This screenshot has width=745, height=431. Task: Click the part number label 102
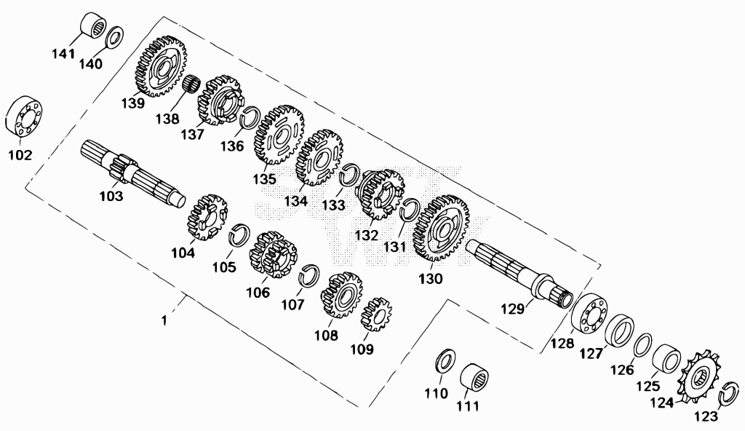point(20,156)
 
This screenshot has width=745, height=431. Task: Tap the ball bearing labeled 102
point(24,116)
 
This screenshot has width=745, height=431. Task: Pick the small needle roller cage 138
point(191,86)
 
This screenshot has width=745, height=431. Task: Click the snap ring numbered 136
point(249,119)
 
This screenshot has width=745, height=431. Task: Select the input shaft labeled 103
point(134,174)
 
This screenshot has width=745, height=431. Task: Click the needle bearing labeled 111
point(474,378)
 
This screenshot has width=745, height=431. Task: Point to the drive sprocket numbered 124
point(701,378)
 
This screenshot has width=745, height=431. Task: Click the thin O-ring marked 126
point(643,344)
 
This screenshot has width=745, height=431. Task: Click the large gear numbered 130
point(440,229)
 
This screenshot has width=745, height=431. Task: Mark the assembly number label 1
point(164,320)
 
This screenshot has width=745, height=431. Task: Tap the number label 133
point(333,205)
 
